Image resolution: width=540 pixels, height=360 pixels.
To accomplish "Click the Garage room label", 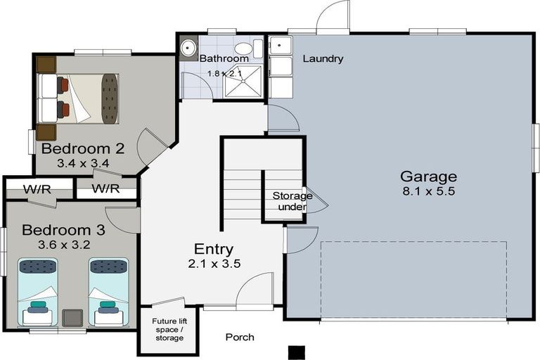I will (x=428, y=176).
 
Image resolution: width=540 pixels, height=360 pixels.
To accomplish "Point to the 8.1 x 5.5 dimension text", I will (x=428, y=191).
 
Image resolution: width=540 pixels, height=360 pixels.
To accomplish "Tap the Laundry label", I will (x=323, y=59).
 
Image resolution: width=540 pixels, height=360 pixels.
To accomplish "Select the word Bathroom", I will (x=224, y=58).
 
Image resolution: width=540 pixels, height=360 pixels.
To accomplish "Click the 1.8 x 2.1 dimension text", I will (x=224, y=73).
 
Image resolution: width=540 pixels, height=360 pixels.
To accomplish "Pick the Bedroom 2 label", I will (x=82, y=148).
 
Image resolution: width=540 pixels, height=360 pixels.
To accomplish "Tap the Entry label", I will (x=214, y=249).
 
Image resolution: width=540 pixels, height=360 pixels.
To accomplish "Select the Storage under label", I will (x=292, y=201).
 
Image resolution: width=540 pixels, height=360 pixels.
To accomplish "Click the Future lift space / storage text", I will (x=168, y=330).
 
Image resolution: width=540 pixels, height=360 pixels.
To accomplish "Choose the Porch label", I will (x=240, y=337).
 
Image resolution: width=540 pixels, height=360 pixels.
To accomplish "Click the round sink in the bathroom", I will (x=188, y=48).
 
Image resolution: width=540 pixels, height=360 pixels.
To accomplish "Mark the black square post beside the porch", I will (x=297, y=352).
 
